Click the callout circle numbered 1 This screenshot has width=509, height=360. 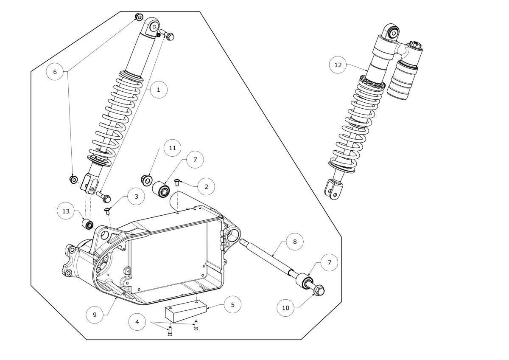pos(159,90)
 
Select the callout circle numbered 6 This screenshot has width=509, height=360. pos(55,72)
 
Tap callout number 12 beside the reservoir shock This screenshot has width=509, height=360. pos(338,65)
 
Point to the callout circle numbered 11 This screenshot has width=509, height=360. pos(173,148)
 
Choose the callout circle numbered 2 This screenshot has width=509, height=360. pos(206,187)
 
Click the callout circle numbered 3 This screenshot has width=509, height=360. pos(136,197)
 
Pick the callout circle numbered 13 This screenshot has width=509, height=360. pos(66,211)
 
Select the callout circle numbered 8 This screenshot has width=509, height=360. pos(295,242)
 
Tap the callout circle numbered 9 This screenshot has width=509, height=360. pos(95,315)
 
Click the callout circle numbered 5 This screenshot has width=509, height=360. pos(233,305)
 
